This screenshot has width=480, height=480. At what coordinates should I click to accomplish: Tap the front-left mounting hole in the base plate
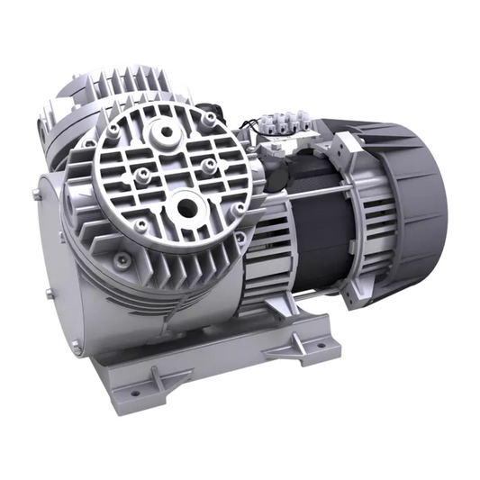point(136,393)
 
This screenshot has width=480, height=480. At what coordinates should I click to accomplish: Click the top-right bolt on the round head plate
point(209,119)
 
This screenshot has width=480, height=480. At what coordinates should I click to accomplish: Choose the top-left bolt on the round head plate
point(113,132)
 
